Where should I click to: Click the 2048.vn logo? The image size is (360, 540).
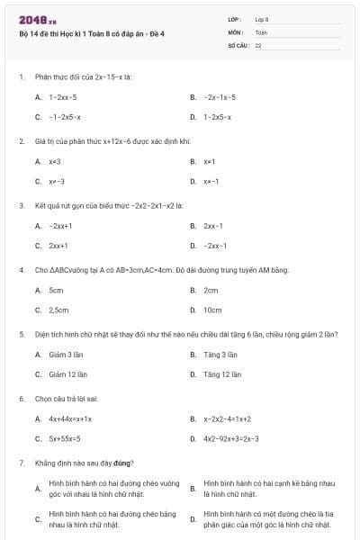31,18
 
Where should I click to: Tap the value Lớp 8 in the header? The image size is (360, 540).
262,18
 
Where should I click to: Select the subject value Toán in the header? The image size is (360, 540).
261,31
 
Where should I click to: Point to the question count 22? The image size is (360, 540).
258,44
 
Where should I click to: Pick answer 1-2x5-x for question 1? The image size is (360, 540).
217,117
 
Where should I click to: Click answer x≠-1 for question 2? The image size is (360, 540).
211,181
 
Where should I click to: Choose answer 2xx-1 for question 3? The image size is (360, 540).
213,225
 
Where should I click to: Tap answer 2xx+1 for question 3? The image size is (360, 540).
59,245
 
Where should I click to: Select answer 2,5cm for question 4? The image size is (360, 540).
58,310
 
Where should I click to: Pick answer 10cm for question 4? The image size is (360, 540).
212,310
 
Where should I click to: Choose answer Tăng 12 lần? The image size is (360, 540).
220,374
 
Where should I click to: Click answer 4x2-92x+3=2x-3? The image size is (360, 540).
231,438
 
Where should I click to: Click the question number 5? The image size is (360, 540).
21,334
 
